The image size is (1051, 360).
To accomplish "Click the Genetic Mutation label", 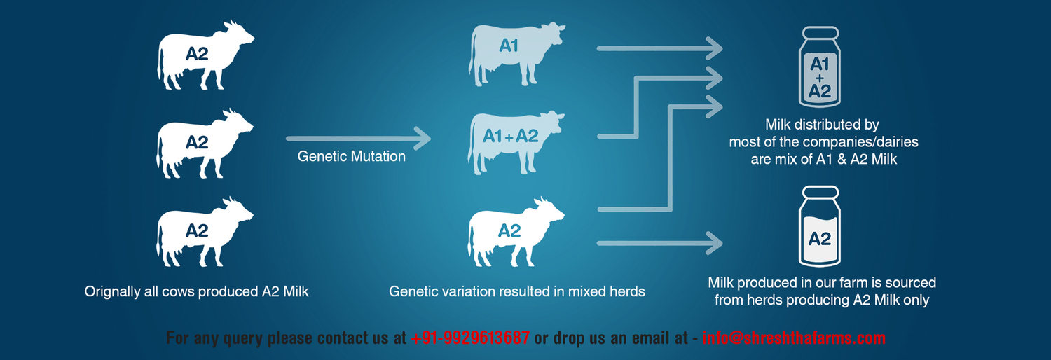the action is click(352, 156).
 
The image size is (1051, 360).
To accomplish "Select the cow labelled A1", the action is click(516, 54).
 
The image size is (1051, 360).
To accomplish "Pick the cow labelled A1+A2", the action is click(516, 142).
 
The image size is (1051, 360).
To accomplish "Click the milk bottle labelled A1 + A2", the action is click(820, 67).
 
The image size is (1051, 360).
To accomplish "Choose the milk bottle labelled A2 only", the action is click(820, 226).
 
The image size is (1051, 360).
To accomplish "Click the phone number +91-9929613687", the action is click(470, 338).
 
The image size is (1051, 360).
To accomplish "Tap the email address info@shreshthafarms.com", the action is click(794, 338).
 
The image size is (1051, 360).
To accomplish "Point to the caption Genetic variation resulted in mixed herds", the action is click(517, 291).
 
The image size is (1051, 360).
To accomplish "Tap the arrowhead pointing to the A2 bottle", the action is click(714, 243).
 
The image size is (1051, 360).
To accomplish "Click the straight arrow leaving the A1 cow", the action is click(660, 48).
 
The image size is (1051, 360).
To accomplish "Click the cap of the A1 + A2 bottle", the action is click(820, 32).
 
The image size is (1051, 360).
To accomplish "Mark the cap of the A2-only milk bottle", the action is click(820, 192).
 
